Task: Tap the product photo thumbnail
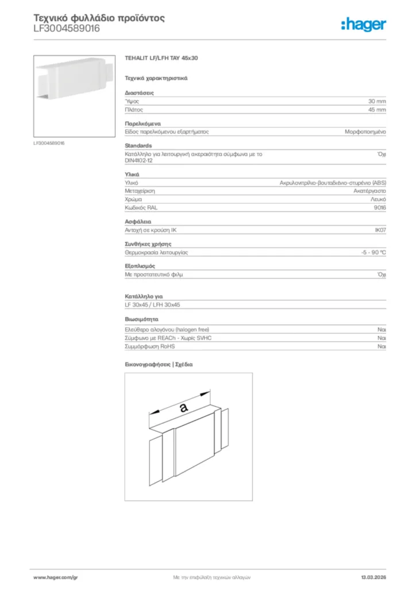pyautogui.click(x=74, y=95)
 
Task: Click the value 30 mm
pyautogui.click(x=377, y=101)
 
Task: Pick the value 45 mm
pyautogui.click(x=377, y=109)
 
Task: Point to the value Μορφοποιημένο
pyautogui.click(x=365, y=132)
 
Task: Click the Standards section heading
pyautogui.click(x=138, y=146)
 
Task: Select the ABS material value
pyautogui.click(x=333, y=182)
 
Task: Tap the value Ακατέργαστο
pyautogui.click(x=369, y=190)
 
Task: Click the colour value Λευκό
pyautogui.click(x=378, y=199)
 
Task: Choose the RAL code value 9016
pyautogui.click(x=379, y=207)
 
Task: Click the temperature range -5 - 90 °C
pyautogui.click(x=369, y=253)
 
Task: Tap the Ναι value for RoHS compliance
pyautogui.click(x=382, y=347)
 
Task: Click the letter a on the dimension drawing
pyautogui.click(x=183, y=407)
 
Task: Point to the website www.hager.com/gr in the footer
pyautogui.click(x=55, y=577)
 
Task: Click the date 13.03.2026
pyautogui.click(x=373, y=577)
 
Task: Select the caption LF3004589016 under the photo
pyautogui.click(x=49, y=143)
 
